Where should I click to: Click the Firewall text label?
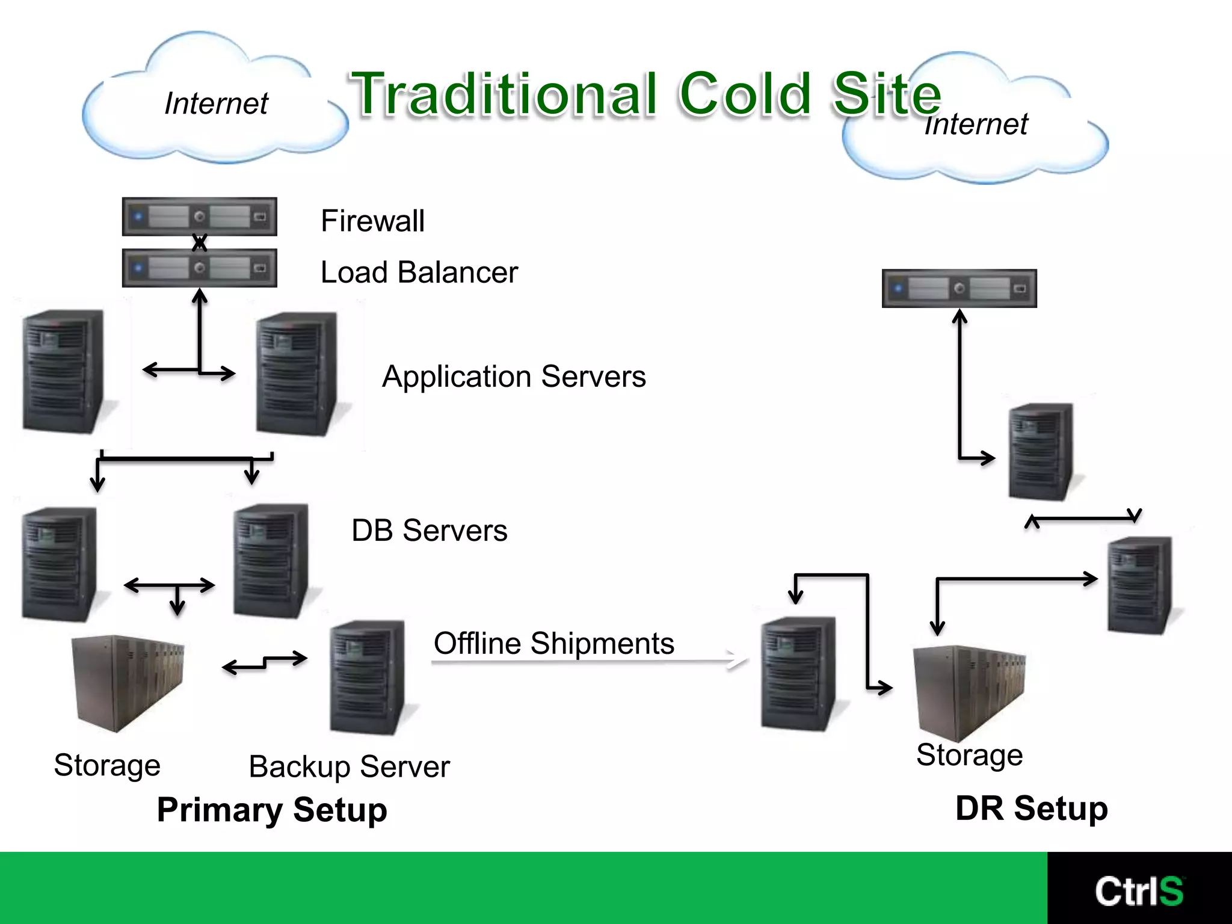(x=372, y=221)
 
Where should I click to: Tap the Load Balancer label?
(x=419, y=273)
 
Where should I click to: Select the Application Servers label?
(x=514, y=377)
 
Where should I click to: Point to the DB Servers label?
(x=429, y=531)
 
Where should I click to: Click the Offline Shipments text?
(x=553, y=643)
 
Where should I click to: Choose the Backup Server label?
(x=349, y=767)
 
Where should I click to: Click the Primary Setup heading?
(x=272, y=810)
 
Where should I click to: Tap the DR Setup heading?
(x=1031, y=808)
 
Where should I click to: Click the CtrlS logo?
(x=1139, y=891)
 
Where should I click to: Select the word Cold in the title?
(x=745, y=94)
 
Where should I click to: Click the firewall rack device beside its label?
(x=199, y=216)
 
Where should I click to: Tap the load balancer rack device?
(x=199, y=268)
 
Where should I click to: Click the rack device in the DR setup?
(x=959, y=288)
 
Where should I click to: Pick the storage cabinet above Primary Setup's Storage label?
(x=128, y=683)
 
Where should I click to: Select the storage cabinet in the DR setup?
(x=969, y=692)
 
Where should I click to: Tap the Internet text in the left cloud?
(x=216, y=103)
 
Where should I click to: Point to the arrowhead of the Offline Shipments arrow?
(x=741, y=660)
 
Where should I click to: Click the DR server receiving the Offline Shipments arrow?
(x=798, y=674)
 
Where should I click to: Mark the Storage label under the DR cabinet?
(x=969, y=755)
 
